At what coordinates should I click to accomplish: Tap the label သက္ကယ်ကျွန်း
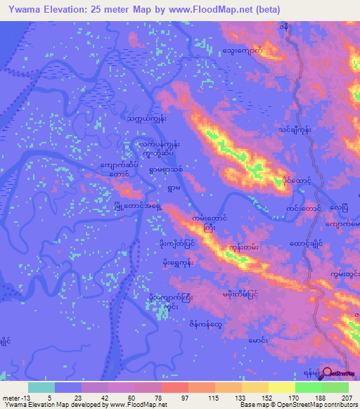click(146, 119)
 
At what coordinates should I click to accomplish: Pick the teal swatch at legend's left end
click(41, 387)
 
